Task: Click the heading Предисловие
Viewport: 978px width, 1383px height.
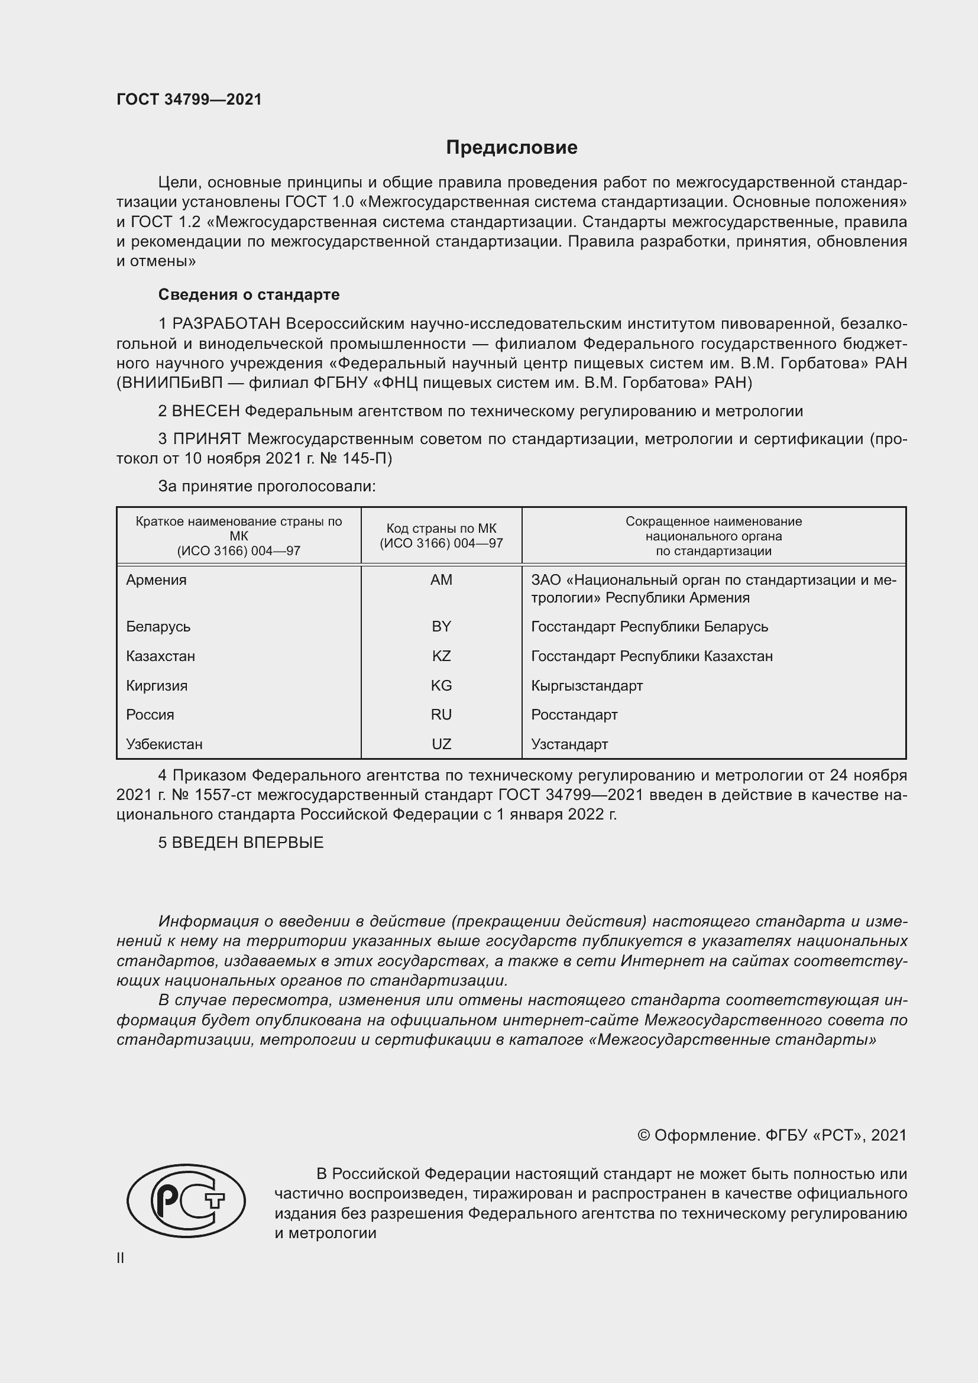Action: tap(511, 148)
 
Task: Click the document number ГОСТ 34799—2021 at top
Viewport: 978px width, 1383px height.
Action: tap(189, 99)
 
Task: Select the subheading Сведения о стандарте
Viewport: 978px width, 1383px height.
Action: tap(249, 294)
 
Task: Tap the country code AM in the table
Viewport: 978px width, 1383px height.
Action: tap(441, 579)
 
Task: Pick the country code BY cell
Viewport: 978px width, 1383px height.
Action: tap(441, 626)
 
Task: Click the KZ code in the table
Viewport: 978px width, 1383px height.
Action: tap(441, 656)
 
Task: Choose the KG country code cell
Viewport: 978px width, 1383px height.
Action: tap(441, 685)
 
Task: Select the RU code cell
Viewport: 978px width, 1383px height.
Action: tap(441, 714)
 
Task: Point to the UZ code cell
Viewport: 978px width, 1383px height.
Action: tap(441, 744)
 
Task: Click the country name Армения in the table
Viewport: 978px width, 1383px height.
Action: tap(156, 579)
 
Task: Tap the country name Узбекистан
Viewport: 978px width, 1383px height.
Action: tap(164, 744)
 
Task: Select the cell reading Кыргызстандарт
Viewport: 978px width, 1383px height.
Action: tap(587, 685)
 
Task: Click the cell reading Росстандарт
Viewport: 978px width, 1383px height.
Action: tap(574, 714)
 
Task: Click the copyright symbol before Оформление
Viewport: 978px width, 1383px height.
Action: tap(643, 1135)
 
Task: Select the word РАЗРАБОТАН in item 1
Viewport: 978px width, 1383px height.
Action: tap(226, 324)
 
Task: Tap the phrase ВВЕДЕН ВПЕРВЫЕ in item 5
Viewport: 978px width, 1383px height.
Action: tap(248, 843)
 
